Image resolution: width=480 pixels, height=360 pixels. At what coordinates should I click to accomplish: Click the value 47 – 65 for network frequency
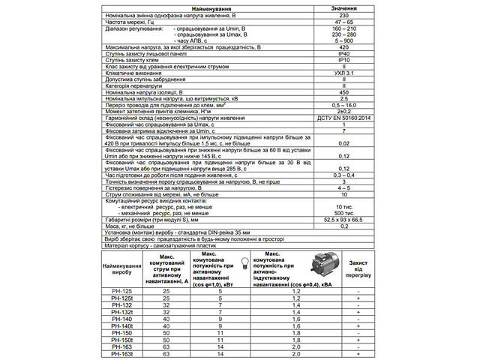(x=343, y=22)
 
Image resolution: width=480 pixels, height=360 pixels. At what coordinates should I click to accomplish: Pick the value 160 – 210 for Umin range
(x=343, y=28)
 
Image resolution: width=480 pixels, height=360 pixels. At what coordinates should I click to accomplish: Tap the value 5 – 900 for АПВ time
(x=343, y=40)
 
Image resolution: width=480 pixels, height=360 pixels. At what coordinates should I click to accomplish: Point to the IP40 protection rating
(x=343, y=53)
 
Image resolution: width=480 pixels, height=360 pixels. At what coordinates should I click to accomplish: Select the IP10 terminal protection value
(x=343, y=59)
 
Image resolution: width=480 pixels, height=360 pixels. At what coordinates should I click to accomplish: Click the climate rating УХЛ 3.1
(x=343, y=72)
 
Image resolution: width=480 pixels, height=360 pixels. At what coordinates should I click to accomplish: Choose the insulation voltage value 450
(x=343, y=91)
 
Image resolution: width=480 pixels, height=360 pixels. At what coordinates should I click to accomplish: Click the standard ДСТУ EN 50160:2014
(x=343, y=117)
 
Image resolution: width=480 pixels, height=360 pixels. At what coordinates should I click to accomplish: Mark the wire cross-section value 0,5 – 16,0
(x=343, y=104)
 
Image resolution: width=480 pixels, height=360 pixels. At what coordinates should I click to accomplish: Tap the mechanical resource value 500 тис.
(x=343, y=214)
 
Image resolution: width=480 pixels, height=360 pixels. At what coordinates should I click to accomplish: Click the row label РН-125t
(x=121, y=298)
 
